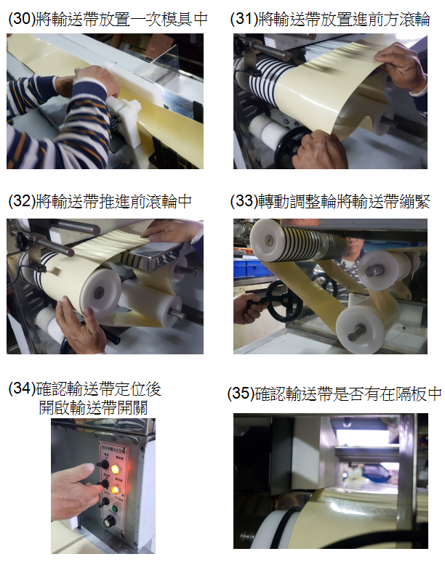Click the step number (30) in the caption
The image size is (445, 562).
21,19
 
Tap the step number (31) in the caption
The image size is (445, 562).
244,19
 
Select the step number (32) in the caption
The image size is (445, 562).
21,201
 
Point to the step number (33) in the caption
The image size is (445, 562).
244,201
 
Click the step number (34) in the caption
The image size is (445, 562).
22,388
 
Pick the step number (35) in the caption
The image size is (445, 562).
241,394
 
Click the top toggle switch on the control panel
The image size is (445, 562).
103,465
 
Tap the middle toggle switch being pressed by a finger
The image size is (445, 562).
103,484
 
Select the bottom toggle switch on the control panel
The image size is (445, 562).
104,502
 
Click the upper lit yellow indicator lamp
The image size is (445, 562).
115,469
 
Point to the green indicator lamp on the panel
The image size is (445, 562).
115,508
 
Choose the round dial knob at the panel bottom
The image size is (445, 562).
109,521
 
